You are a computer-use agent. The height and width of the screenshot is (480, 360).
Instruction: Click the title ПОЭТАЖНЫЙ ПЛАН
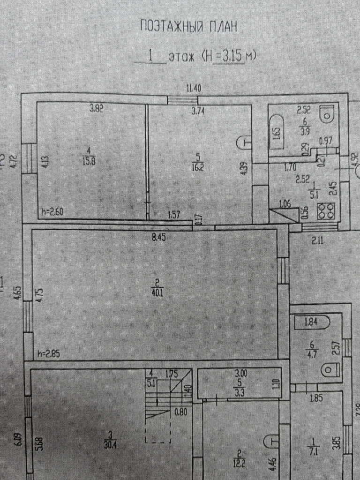pos(188,27)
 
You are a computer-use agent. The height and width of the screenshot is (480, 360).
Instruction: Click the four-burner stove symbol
pos(326,211)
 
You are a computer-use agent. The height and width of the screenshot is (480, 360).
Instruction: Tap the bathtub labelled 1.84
pos(311,323)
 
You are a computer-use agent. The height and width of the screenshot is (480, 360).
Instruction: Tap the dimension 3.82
pos(96,109)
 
